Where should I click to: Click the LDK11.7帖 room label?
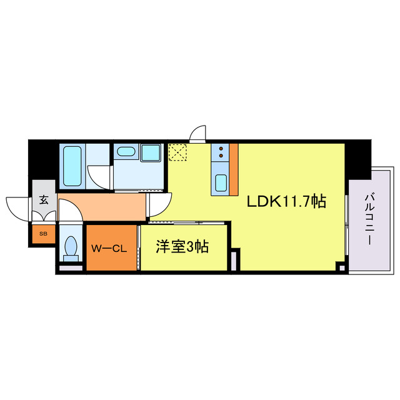tap(286, 201)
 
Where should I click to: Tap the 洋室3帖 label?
tap(182, 247)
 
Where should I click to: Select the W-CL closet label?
tap(109, 248)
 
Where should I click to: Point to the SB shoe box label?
tap(43, 234)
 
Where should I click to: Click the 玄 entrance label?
tap(44, 201)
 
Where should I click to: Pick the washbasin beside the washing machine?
tap(127, 151)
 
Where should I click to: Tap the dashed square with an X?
tap(178, 152)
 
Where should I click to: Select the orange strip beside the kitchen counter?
tap(234, 169)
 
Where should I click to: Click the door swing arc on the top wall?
tap(199, 134)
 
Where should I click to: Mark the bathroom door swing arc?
tap(97, 176)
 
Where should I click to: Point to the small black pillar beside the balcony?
tap(341, 267)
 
